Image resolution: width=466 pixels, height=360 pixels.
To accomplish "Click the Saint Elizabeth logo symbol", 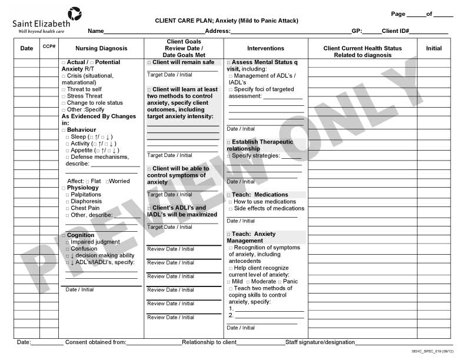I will [74, 14].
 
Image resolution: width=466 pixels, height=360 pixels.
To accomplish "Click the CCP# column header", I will [49, 46].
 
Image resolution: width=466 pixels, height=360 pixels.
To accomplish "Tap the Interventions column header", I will [265, 48].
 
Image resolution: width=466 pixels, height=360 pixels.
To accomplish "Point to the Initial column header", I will [434, 48].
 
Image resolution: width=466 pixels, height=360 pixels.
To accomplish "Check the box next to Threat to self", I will [64, 89].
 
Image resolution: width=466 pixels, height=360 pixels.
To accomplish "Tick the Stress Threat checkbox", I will [64, 96].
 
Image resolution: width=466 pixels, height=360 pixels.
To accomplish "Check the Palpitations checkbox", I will [68, 195].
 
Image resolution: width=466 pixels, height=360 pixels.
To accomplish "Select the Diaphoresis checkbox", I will [68, 202].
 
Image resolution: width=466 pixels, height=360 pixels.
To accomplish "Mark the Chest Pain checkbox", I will [68, 208].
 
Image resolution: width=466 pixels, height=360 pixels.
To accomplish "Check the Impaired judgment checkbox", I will [68, 242].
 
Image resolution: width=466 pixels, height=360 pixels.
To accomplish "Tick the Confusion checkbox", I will [68, 249].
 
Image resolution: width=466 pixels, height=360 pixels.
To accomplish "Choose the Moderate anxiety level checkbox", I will [248, 282].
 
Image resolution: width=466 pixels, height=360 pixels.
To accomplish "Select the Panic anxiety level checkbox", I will [279, 282].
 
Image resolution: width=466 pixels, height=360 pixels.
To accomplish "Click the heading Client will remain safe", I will [182, 62].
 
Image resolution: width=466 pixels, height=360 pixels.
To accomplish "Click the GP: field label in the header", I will [357, 31].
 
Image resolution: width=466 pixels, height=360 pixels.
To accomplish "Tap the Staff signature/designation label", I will [320, 342].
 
